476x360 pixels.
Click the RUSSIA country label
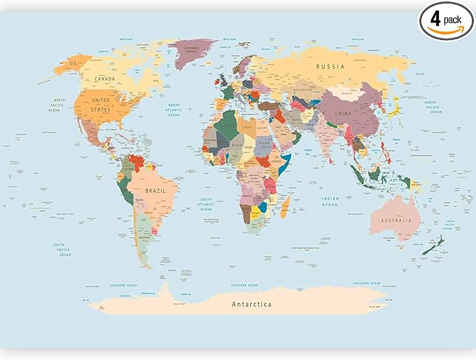click(330, 67)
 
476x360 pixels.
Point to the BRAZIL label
click(155, 190)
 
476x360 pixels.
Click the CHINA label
click(343, 113)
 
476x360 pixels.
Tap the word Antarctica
click(252, 304)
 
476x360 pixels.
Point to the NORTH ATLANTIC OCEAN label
click(173, 110)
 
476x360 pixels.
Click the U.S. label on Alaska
click(72, 64)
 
